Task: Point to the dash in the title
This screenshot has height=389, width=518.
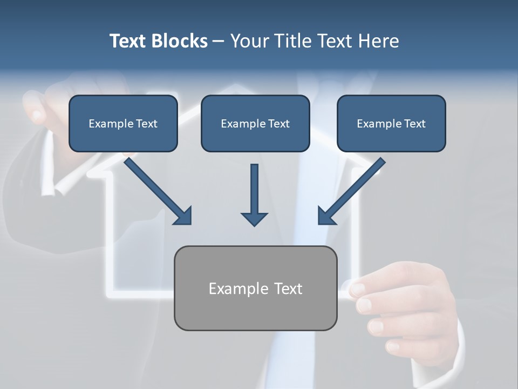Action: (219, 41)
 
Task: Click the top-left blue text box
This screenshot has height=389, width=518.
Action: (123, 123)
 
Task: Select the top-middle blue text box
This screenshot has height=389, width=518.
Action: (255, 123)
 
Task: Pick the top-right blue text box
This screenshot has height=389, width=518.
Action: (391, 123)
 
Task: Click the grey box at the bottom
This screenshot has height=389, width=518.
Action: (255, 288)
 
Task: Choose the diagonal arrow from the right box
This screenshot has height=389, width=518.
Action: (351, 191)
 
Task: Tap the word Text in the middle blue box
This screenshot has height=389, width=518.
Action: (278, 124)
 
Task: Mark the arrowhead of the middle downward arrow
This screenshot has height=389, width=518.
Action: (254, 218)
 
